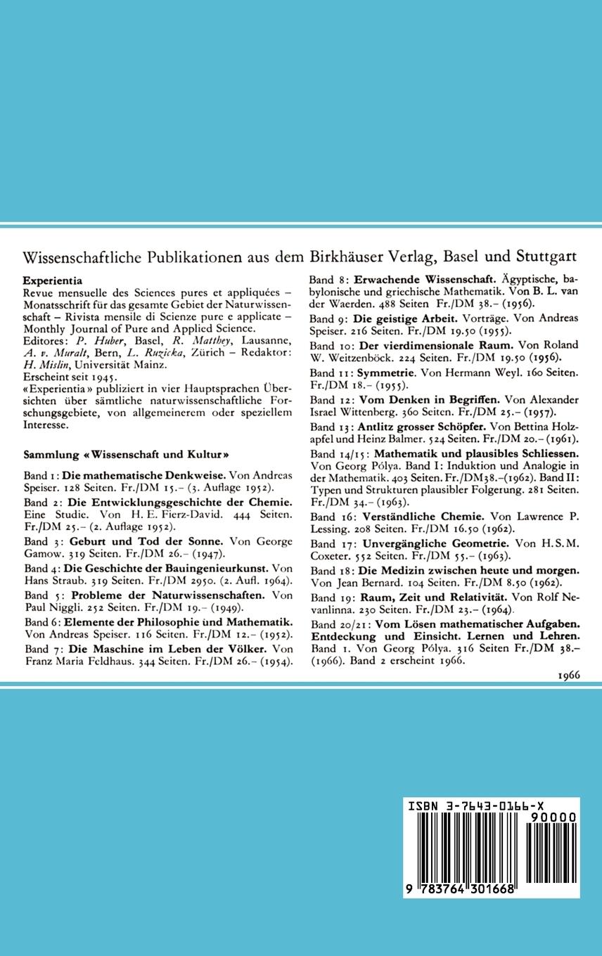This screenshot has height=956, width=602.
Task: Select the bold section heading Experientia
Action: tap(52, 280)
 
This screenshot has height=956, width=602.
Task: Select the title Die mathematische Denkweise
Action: tap(144, 475)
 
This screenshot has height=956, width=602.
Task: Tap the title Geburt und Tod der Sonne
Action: tap(146, 541)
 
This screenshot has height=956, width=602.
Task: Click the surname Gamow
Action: tap(41, 553)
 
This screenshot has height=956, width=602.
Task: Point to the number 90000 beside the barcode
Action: tap(556, 818)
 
